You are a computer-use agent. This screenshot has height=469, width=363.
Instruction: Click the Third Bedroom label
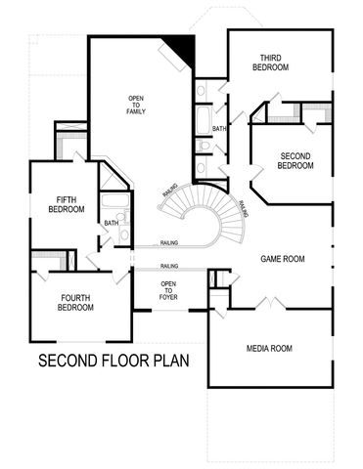(x=271, y=62)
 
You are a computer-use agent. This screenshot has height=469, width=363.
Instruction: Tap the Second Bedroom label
(x=295, y=160)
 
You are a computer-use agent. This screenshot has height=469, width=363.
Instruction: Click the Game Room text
(x=283, y=259)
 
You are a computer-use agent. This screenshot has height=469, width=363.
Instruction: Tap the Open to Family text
(x=136, y=106)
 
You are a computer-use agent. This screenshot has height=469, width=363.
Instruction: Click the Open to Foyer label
(x=168, y=291)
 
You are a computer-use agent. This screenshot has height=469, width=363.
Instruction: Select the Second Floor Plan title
(x=113, y=362)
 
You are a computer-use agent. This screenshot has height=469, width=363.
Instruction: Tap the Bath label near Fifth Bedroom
(x=112, y=223)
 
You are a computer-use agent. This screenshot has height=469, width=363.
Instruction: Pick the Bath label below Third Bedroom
(x=220, y=128)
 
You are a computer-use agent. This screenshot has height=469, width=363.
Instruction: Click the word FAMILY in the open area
(x=136, y=112)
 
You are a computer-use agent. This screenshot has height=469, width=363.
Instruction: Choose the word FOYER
(x=168, y=297)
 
